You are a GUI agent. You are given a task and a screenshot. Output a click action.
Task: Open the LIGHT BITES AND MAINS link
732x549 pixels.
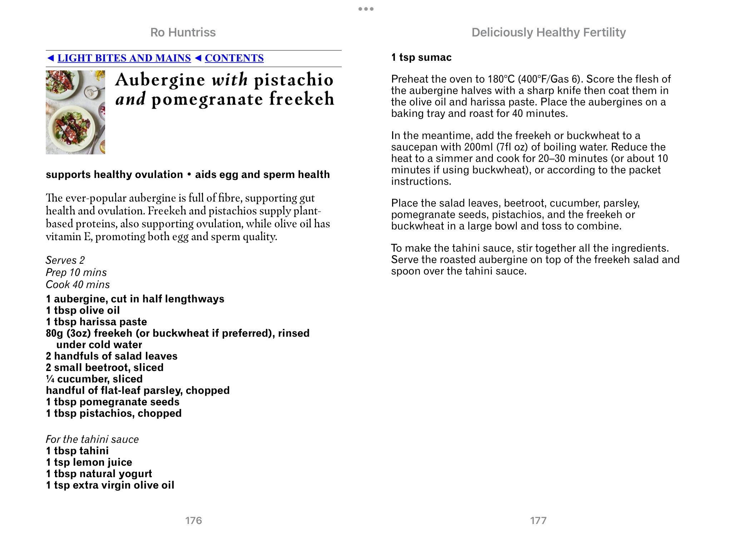124,58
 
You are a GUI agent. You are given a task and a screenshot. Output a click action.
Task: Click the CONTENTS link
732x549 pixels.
234,58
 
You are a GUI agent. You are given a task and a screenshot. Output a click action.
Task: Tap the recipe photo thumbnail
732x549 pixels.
75,112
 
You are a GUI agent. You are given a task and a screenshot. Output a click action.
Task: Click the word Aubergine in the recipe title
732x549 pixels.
160,80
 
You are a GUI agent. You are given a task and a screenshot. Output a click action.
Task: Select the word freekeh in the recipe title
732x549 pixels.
302,99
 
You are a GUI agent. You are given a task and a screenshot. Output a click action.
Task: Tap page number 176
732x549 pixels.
193,520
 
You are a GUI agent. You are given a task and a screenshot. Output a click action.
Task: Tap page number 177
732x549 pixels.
538,520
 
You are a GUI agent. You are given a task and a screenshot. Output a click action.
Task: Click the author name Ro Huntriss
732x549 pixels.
183,33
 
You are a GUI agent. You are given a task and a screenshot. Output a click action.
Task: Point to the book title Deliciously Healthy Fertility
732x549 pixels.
549,33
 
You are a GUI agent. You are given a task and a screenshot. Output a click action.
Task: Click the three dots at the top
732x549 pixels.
366,9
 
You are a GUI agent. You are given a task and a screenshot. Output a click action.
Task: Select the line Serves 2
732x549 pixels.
65,260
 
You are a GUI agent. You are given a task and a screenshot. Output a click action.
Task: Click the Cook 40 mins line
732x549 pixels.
78,285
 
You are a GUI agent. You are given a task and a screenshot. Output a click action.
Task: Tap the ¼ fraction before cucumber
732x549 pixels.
50,379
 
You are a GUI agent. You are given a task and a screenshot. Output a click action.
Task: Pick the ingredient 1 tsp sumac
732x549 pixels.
421,58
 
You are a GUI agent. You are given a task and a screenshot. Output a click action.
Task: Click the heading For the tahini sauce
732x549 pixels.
92,439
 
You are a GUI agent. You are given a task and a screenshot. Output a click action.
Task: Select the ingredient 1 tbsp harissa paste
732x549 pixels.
97,322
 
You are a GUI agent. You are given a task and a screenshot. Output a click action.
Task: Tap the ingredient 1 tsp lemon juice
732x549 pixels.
89,463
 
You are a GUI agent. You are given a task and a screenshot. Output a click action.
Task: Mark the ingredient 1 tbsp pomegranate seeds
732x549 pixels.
113,402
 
